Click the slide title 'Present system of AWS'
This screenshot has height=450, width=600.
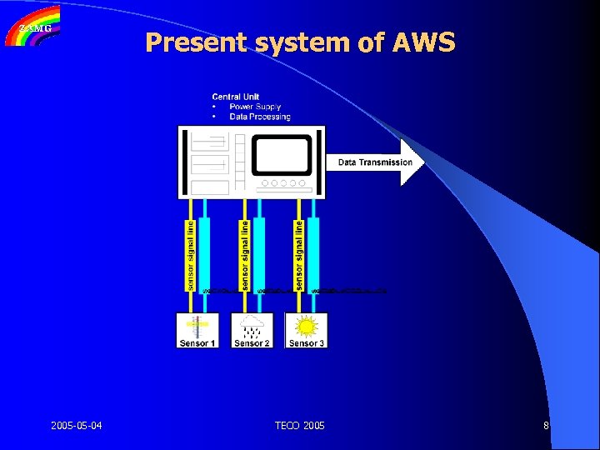point(300,42)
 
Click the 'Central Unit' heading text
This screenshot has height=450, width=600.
point(236,97)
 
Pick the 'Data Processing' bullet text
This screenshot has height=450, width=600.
point(260,117)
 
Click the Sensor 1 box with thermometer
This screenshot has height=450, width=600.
point(197,330)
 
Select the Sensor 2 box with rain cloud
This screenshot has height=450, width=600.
point(252,330)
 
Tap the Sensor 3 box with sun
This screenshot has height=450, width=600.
point(306,330)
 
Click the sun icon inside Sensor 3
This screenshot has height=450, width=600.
point(306,325)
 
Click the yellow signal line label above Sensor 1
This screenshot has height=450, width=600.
point(190,254)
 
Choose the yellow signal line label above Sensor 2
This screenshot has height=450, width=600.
point(244,254)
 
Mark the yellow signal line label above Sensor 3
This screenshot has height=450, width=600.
point(299,254)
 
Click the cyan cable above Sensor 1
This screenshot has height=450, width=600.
point(205,254)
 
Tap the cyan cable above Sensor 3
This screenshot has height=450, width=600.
point(313,254)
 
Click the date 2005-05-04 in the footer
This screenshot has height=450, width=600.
point(77,426)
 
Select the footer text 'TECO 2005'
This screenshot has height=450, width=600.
point(300,426)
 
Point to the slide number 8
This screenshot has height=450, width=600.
point(546,426)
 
